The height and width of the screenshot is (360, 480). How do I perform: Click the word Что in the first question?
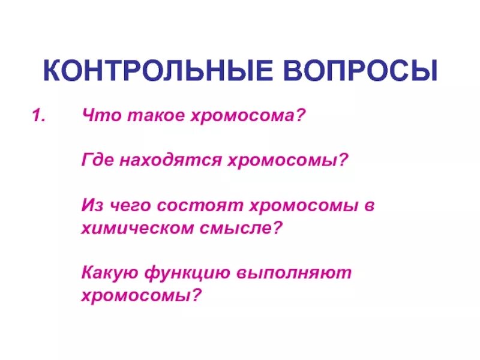(x=98, y=116)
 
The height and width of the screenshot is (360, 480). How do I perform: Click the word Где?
(x=97, y=161)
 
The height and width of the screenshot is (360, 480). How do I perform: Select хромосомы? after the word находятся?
(x=287, y=161)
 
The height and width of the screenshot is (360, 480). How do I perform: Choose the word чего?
(x=130, y=206)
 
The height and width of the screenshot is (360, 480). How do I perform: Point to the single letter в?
(x=369, y=206)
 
